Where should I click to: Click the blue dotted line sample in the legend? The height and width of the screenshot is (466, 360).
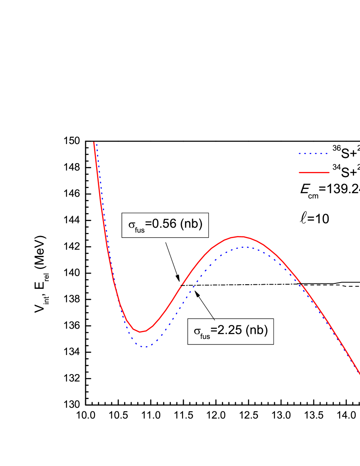point(313,153)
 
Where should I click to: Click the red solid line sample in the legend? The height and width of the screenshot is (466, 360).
point(314,172)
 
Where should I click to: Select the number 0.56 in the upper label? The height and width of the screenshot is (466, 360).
point(164,224)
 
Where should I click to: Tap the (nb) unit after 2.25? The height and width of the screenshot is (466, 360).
point(257,330)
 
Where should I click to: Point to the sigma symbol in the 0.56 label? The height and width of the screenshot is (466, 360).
point(132,225)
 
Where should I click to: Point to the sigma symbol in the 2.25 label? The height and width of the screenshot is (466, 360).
point(197,331)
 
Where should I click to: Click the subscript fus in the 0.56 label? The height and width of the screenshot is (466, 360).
point(140,230)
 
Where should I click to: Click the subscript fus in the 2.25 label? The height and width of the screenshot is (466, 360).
point(205,336)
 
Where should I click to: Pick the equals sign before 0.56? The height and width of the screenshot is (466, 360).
point(149,225)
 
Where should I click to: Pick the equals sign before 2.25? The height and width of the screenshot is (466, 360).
point(214,330)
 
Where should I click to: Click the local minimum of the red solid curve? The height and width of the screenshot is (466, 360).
point(141,332)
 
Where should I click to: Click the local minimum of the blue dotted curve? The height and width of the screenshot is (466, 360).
point(145,347)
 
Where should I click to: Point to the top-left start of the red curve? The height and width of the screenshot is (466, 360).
point(94,143)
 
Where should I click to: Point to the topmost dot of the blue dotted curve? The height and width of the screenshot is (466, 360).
point(97,144)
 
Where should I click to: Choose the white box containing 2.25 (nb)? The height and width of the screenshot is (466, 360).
point(231,331)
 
